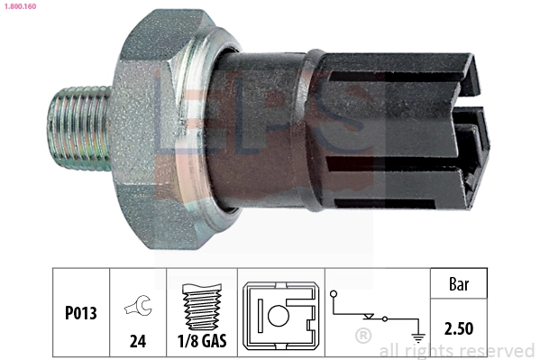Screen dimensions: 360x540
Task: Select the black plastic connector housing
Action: tap(406, 126)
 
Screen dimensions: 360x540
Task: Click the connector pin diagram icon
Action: tap(279, 317)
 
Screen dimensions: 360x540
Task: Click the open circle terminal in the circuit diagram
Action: tap(334, 294)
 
